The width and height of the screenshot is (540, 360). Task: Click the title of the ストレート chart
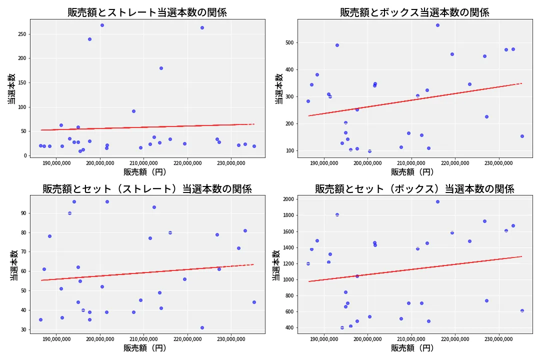tap(147, 12)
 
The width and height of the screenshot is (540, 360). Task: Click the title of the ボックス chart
tap(414, 12)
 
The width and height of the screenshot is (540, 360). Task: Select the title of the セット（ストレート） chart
tap(147, 189)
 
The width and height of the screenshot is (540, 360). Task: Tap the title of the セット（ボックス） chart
tap(414, 189)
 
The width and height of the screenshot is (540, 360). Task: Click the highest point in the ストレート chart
tap(102, 25)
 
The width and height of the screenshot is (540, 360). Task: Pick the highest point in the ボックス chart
tap(437, 25)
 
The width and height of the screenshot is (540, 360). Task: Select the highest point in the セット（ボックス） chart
tap(437, 201)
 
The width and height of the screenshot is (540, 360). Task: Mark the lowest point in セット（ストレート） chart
tap(202, 327)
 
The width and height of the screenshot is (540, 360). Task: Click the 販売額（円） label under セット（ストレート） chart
tap(145, 348)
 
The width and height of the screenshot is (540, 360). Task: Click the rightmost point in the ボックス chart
tap(522, 136)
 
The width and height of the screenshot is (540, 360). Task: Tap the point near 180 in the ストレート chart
tap(161, 68)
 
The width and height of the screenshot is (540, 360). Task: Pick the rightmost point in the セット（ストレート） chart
tap(254, 302)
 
